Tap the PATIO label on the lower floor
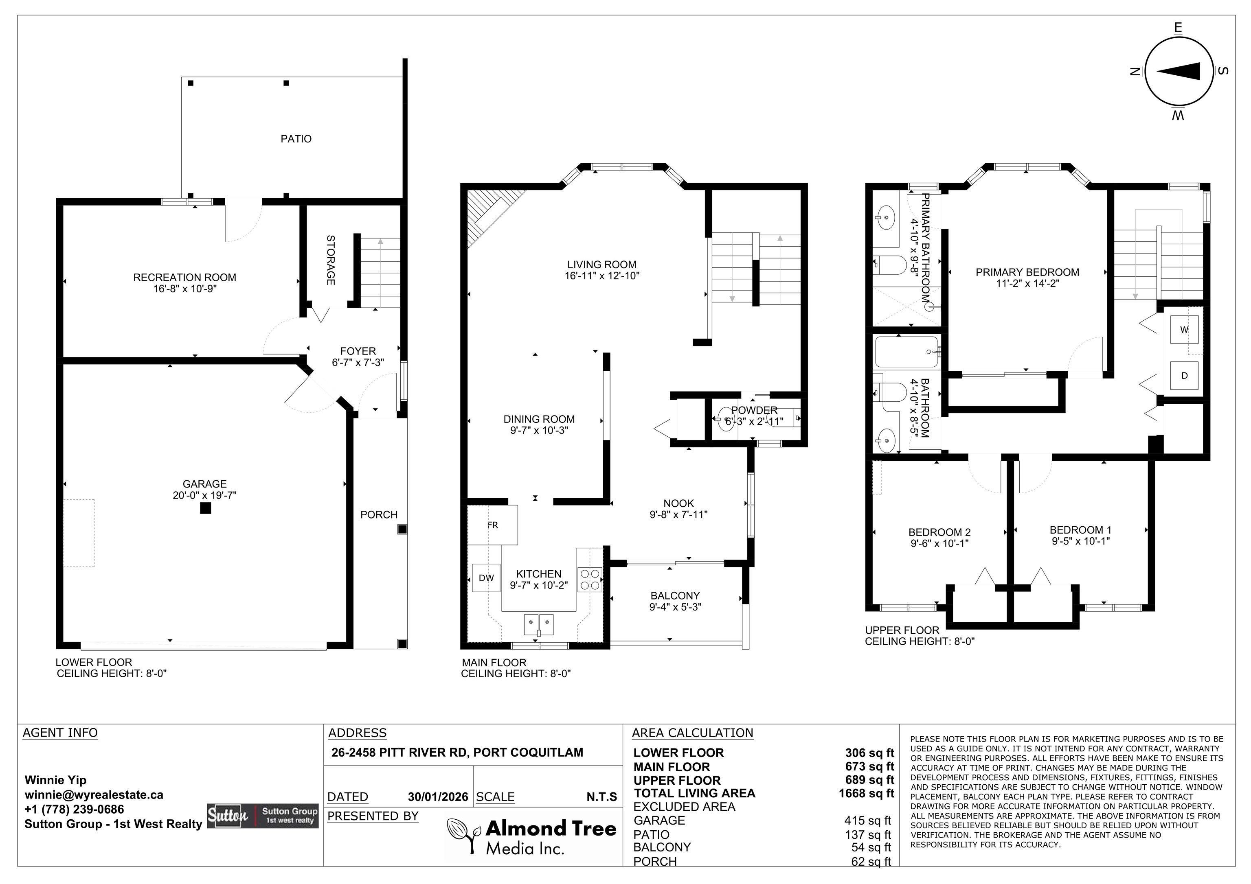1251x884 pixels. point(296,139)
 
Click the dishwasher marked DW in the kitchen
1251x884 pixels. point(486,578)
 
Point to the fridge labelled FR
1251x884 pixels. point(493,525)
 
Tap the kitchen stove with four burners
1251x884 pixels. point(590,580)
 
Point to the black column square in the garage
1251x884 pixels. point(205,508)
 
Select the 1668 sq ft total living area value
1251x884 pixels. point(866,793)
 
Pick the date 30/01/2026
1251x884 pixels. point(438,797)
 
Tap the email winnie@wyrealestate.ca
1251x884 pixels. point(94,795)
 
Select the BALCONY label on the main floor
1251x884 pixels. point(675,596)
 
